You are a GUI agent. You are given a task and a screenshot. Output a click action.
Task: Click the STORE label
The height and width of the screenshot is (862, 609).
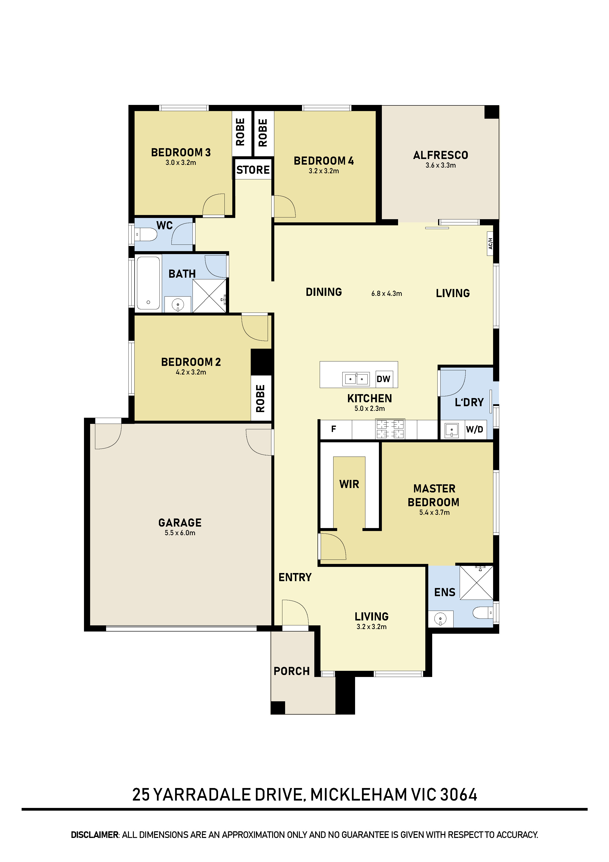point(253,170)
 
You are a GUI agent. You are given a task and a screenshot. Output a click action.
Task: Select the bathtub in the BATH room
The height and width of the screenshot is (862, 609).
point(148,283)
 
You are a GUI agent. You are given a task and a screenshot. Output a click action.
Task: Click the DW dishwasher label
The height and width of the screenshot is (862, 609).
point(383,379)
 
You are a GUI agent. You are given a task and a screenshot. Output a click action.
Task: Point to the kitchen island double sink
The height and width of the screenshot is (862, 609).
point(356,379)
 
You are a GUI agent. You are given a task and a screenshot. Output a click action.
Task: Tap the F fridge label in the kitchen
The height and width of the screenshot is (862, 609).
point(333,429)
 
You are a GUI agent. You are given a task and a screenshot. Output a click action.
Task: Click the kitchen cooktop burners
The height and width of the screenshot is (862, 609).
point(390,429)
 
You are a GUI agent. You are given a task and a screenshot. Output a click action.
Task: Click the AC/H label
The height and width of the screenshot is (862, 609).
point(490,244)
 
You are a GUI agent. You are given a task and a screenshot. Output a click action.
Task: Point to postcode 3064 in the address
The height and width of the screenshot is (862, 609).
point(458,795)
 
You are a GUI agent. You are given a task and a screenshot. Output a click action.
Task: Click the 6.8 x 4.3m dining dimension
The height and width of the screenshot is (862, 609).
point(387,294)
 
